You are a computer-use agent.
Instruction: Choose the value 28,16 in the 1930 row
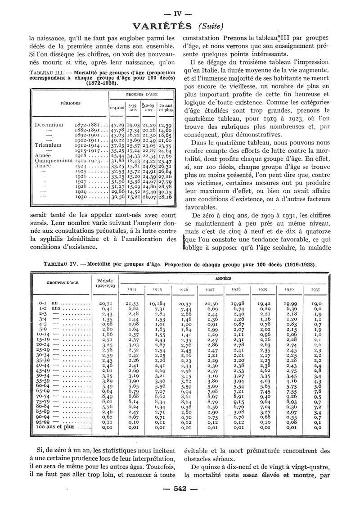tap(165, 197)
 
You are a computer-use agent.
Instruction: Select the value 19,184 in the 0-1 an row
tap(160, 304)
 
